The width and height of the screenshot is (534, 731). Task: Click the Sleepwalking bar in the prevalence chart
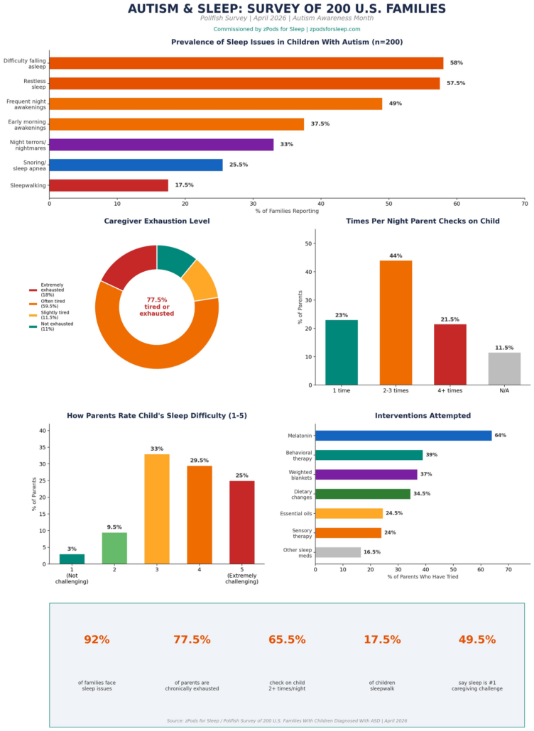click(109, 185)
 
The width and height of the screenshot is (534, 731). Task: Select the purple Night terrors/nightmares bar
click(161, 145)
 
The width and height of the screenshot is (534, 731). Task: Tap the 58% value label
click(457, 63)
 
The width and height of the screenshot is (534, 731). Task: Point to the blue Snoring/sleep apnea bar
click(136, 165)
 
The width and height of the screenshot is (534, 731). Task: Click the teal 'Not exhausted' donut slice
click(175, 258)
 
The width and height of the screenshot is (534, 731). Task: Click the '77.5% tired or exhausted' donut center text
click(156, 307)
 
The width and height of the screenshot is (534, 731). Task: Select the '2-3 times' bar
click(396, 322)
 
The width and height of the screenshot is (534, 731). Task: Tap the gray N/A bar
click(504, 368)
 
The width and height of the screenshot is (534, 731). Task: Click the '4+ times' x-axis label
click(449, 391)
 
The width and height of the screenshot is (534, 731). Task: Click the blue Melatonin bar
click(403, 436)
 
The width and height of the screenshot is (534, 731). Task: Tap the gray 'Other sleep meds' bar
click(338, 552)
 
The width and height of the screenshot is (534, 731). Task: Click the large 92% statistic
click(97, 639)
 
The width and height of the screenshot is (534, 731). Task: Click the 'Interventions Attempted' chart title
click(423, 416)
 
